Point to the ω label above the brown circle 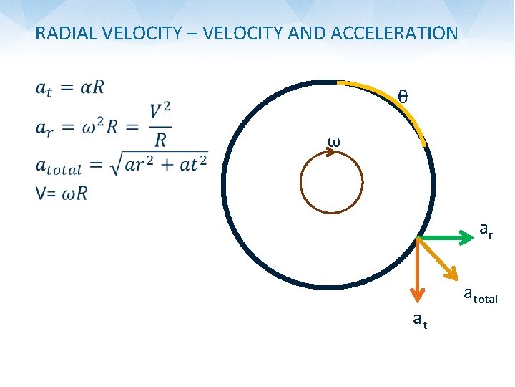pyautogui.click(x=333, y=140)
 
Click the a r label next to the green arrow pyautogui.click(x=485, y=230)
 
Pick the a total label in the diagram pyautogui.click(x=480, y=294)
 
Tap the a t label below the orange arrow pyautogui.click(x=420, y=321)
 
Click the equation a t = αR pyautogui.click(x=69, y=88)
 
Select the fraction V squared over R pyautogui.click(x=160, y=125)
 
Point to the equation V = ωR pyautogui.click(x=61, y=193)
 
